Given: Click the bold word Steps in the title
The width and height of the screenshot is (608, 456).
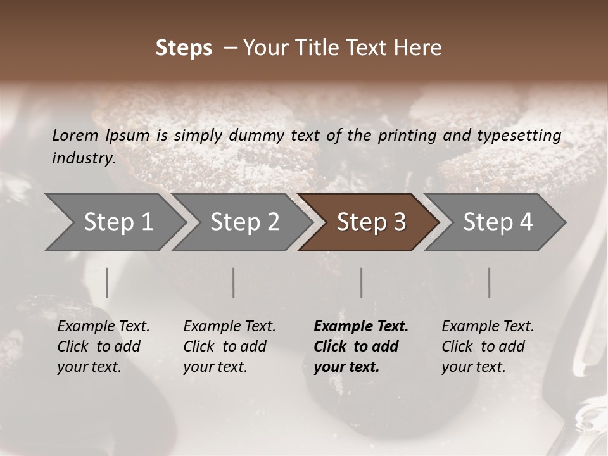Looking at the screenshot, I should pos(184,48).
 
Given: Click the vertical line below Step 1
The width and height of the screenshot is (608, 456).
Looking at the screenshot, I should pos(107,282).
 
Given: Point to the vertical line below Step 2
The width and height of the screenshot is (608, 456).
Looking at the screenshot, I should pos(234,282).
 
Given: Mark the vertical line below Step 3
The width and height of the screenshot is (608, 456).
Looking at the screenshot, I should pos(362,282).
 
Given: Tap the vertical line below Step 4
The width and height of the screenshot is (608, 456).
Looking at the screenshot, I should pos(489,282).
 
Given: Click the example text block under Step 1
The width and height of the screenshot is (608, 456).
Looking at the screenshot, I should pos(103,346).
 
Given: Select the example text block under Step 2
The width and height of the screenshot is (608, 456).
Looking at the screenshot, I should pos(229,346).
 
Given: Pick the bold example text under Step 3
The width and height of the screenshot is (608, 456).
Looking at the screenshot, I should pos(361,346).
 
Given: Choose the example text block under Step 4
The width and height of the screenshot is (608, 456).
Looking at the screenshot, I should pos(488,346).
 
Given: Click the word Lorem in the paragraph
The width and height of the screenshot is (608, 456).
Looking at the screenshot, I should pos(75,135).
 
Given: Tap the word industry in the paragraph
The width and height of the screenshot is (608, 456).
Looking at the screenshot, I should pos(83,158).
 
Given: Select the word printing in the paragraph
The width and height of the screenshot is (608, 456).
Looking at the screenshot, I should pos(405,135).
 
